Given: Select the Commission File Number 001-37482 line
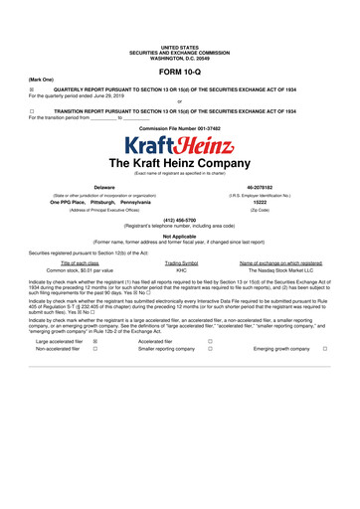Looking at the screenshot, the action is tap(179, 128).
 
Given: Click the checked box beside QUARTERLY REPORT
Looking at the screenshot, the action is tap(32, 87).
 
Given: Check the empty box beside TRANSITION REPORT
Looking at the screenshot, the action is tap(32, 111).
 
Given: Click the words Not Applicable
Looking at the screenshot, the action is tap(179, 237).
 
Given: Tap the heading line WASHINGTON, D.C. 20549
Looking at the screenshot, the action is tap(179, 58).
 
